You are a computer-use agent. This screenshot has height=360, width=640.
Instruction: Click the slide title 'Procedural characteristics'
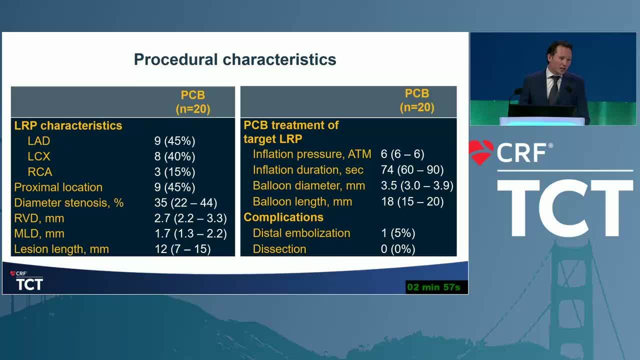235,59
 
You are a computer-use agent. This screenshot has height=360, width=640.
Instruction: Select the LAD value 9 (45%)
175,141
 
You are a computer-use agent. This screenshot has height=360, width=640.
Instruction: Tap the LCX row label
39,156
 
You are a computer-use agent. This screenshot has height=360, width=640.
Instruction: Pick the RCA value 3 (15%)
175,171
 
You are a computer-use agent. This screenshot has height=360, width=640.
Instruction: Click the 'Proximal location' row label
58,187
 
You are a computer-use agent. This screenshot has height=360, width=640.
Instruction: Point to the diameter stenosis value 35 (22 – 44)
185,202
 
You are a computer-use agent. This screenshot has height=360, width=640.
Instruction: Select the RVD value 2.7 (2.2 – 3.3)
190,218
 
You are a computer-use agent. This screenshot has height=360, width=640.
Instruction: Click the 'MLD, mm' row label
39,233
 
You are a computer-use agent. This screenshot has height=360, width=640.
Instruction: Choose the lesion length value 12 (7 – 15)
182,249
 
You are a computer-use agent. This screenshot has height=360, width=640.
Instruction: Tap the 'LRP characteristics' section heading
68,125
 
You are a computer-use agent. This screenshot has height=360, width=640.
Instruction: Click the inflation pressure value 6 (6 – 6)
402,154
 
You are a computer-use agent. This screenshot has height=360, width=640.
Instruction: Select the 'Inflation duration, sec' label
308,169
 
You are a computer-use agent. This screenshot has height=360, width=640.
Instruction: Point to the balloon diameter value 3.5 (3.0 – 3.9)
417,185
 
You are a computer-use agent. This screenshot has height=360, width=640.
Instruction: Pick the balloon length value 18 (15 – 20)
412,201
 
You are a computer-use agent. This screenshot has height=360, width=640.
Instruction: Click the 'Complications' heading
283,217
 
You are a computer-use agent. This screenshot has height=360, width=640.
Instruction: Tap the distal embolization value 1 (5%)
398,233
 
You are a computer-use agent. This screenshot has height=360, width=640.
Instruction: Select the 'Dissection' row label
279,249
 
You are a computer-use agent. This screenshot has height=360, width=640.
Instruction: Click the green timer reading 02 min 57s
433,287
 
